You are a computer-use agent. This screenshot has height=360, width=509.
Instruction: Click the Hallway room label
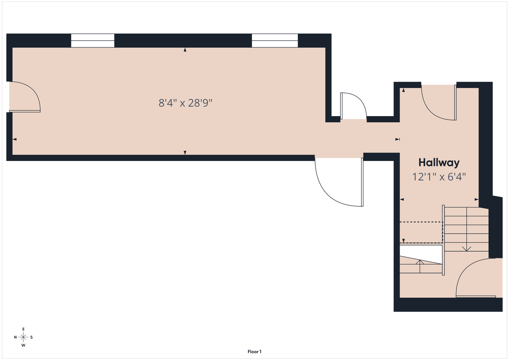tap(439, 163)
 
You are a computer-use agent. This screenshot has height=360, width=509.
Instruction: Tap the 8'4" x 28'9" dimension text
tap(185, 103)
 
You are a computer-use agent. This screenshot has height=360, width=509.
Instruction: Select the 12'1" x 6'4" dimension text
tap(439, 177)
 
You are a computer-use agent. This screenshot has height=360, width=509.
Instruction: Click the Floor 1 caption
tap(255, 352)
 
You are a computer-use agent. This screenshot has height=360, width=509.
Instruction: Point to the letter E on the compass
tap(23, 329)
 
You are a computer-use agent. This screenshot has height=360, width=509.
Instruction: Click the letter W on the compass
tap(23, 345)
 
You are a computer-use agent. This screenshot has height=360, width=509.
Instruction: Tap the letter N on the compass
tap(15, 337)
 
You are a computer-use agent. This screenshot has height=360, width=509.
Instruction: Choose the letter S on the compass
tap(31, 337)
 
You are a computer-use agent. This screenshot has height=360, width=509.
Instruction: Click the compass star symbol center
tap(23, 337)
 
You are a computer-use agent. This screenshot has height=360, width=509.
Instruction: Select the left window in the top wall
tap(93, 41)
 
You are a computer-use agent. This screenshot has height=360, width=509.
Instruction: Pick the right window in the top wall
tap(275, 41)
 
